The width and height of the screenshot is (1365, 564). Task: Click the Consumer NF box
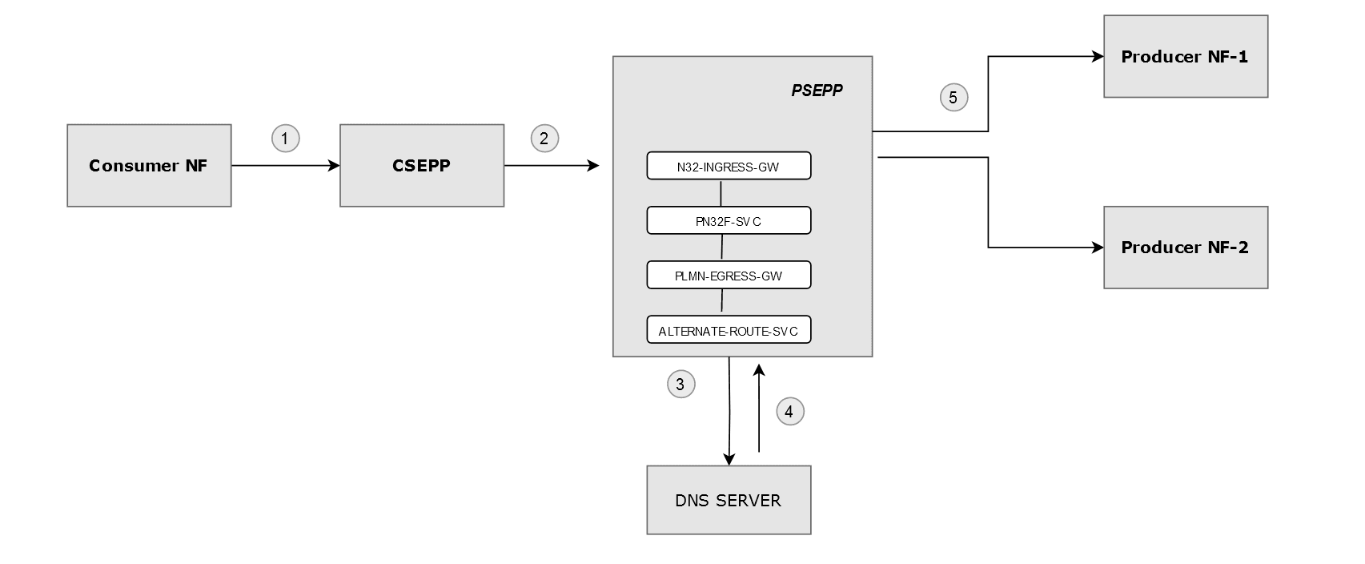[x=149, y=166]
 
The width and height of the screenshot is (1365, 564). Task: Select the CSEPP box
[x=422, y=166]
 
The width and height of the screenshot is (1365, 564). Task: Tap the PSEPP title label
[x=817, y=91]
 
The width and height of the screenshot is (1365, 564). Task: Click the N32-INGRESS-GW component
[x=729, y=167]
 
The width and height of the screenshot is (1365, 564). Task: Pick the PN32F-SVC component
[x=729, y=221]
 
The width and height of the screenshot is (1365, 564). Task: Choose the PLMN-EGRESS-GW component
[x=729, y=276]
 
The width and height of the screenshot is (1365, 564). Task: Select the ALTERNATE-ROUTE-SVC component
[x=729, y=330]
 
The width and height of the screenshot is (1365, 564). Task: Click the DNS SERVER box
[x=729, y=500]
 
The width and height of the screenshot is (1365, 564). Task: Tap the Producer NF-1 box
[x=1185, y=57]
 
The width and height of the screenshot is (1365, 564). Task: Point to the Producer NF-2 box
[x=1185, y=248]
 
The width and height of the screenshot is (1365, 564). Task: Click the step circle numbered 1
[x=285, y=139]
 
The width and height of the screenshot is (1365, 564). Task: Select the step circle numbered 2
[x=544, y=139]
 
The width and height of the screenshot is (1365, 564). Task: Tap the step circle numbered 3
[x=680, y=385]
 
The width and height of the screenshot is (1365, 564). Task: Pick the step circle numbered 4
[x=789, y=412]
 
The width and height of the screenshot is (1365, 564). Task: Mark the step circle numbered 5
[x=953, y=98]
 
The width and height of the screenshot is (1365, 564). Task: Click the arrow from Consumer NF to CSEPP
[x=285, y=166]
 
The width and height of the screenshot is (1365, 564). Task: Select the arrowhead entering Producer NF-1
[x=1098, y=57]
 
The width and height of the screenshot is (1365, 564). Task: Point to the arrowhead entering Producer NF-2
[x=1098, y=248]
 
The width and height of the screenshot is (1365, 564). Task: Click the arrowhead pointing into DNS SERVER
[x=729, y=459]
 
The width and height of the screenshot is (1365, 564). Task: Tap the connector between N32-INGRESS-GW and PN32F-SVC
[x=721, y=194]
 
